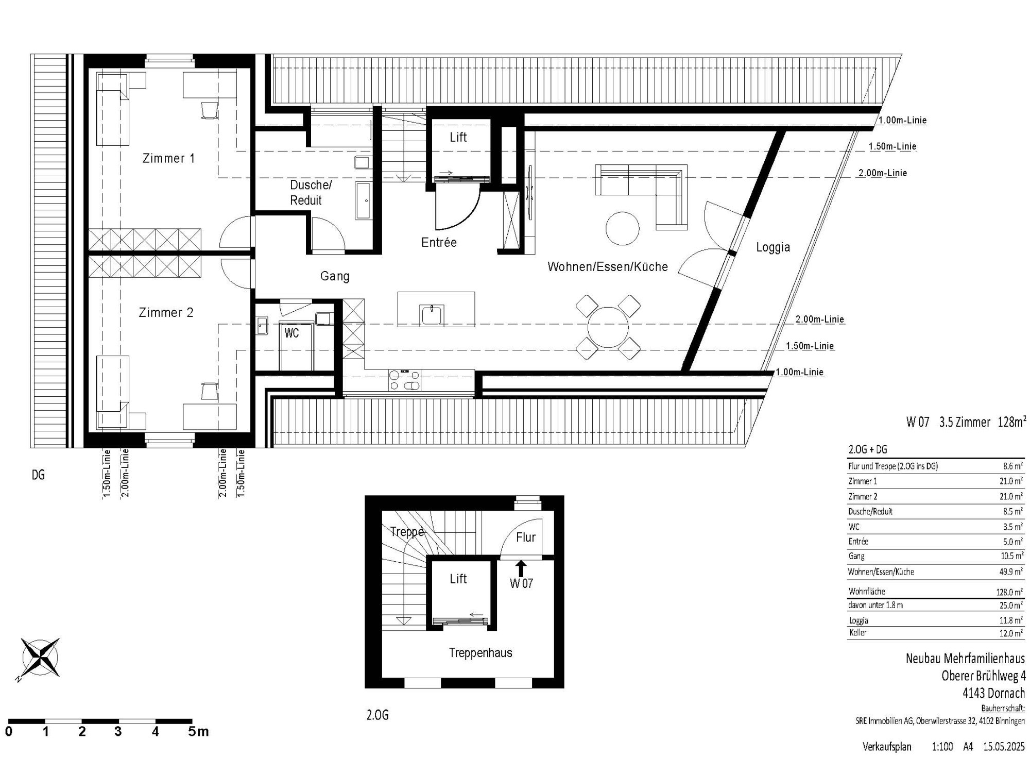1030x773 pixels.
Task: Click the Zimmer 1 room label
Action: pyautogui.click(x=168, y=158)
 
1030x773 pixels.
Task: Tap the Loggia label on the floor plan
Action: pyautogui.click(x=773, y=247)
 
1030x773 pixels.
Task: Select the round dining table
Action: pyautogui.click(x=608, y=327)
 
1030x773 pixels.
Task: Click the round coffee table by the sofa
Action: pyautogui.click(x=623, y=229)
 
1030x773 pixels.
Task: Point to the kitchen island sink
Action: pyautogui.click(x=432, y=315)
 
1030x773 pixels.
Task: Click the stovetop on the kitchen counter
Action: pyautogui.click(x=405, y=380)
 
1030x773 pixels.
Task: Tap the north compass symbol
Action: pyautogui.click(x=39, y=658)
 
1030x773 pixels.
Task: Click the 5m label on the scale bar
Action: pyautogui.click(x=198, y=731)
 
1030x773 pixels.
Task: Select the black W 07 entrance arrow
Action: pyautogui.click(x=521, y=568)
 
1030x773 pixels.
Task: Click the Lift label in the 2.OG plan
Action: pyautogui.click(x=458, y=579)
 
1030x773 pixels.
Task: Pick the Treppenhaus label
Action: pyautogui.click(x=480, y=653)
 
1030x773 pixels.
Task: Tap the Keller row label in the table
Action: pyautogui.click(x=858, y=632)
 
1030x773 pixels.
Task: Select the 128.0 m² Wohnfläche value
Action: pyautogui.click(x=1009, y=592)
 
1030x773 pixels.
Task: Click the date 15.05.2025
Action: pyautogui.click(x=1004, y=747)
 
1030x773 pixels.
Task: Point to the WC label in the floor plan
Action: pyautogui.click(x=291, y=333)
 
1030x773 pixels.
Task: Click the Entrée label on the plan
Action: pyautogui.click(x=439, y=242)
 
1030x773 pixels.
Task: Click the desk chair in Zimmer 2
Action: pyautogui.click(x=209, y=391)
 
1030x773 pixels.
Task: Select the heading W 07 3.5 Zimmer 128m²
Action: pyautogui.click(x=964, y=422)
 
